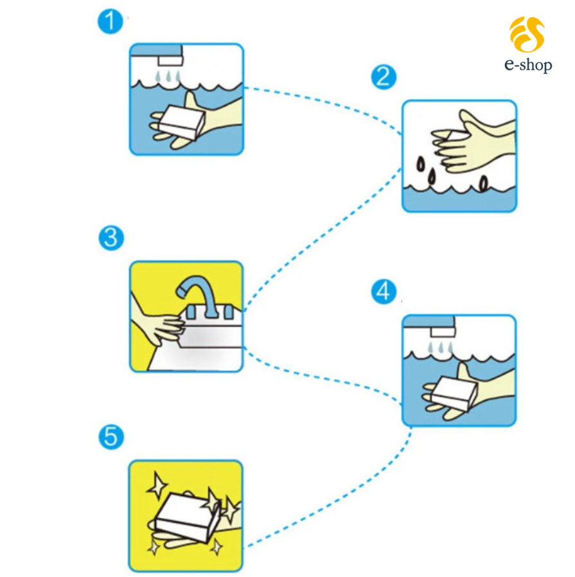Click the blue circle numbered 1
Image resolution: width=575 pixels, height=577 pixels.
[x=110, y=22]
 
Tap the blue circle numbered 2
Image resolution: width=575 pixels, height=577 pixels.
[x=384, y=77]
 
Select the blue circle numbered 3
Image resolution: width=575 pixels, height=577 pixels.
[x=111, y=238]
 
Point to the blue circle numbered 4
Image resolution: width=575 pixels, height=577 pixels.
[x=384, y=292]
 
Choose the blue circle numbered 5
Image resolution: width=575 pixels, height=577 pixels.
[x=111, y=437]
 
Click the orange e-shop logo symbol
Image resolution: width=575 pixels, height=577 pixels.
[x=527, y=34]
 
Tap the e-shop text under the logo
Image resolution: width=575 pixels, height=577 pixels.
[x=528, y=65]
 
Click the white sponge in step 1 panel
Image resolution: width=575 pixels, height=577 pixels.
[x=182, y=122]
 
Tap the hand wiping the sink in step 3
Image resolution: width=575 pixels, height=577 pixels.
[x=158, y=323]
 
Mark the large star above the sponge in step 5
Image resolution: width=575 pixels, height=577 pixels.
[x=157, y=486]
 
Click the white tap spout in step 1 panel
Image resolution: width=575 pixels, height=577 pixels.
[x=170, y=61]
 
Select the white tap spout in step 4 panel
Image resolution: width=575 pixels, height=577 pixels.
[x=443, y=332]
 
